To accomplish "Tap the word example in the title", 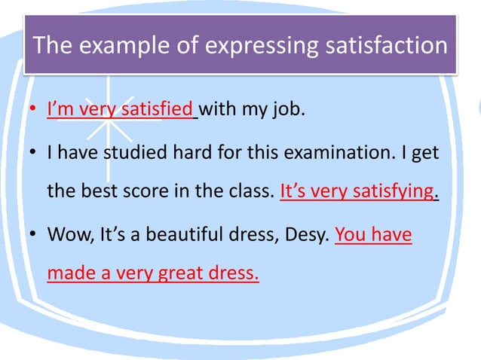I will [x=130, y=45].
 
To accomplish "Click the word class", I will [x=251, y=192].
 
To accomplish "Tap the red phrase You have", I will [x=373, y=233].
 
